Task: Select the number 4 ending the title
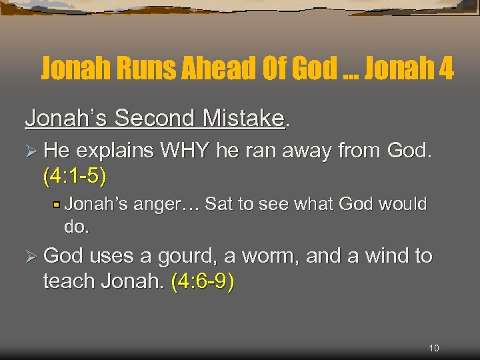pyautogui.click(x=445, y=68)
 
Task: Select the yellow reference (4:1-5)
pyautogui.click(x=74, y=176)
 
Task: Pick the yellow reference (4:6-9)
pyautogui.click(x=203, y=282)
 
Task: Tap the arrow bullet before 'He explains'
pyautogui.click(x=31, y=152)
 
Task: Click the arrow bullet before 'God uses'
pyautogui.click(x=31, y=257)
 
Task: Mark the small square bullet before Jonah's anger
pyautogui.click(x=58, y=204)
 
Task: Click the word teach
pyautogui.click(x=70, y=282)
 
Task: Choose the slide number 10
pyautogui.click(x=433, y=347)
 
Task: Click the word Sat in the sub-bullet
pyautogui.click(x=218, y=203)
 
